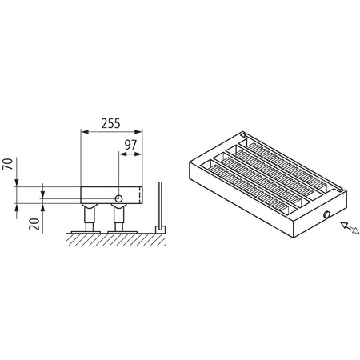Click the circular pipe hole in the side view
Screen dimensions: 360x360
118,197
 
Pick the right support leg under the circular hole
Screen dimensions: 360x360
118,218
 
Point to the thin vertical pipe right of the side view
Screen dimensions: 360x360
161,204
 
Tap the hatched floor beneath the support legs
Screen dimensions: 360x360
112,236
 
